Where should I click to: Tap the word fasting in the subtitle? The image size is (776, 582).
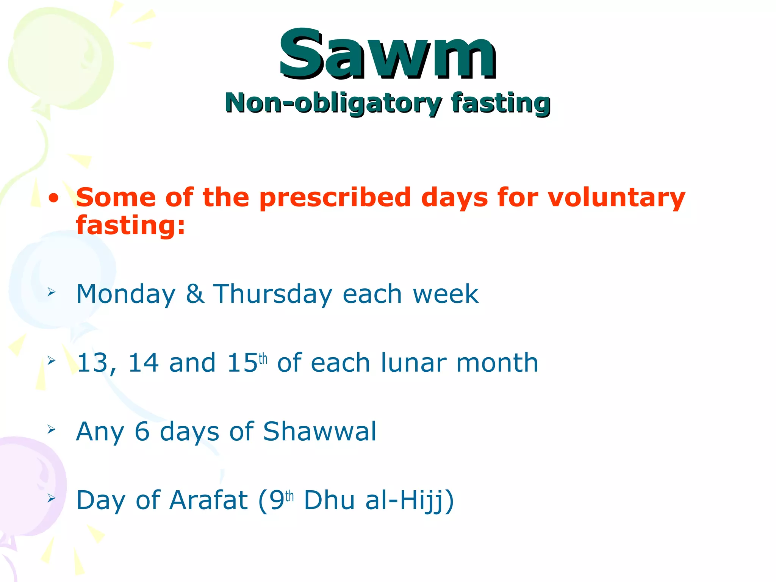coord(500,103)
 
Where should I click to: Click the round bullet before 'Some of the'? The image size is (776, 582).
coord(54,198)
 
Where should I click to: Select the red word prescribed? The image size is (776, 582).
coord(335,197)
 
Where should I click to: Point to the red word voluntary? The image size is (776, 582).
coord(616,197)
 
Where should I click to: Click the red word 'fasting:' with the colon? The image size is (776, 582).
coord(130,225)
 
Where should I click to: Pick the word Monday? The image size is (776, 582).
coord(126,294)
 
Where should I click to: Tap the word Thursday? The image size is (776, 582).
coord(273,294)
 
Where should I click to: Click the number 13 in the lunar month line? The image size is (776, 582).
coord(92,363)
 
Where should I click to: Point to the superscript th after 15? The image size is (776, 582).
coord(263,358)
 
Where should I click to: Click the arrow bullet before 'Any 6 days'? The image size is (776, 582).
coord(52,429)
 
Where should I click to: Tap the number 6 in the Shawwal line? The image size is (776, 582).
coord(142,432)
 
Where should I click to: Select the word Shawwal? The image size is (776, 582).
coord(319,432)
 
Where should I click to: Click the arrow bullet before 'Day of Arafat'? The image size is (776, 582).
coord(52,498)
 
